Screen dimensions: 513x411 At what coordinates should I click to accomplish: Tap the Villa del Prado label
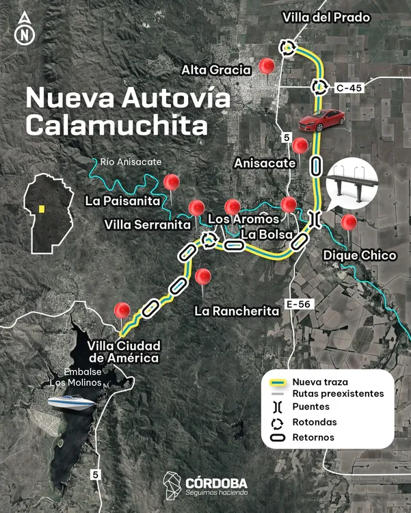(326, 18)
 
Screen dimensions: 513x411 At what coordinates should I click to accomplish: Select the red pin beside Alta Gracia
(267, 66)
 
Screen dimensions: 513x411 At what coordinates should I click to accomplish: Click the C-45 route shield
(349, 88)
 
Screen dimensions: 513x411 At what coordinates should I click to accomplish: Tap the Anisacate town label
(265, 163)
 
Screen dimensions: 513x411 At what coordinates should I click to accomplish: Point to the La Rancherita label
(237, 311)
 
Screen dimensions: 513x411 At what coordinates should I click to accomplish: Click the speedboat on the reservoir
(71, 404)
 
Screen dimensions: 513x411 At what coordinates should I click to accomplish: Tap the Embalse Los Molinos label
(75, 377)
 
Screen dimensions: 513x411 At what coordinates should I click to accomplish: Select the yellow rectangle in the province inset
(42, 209)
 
